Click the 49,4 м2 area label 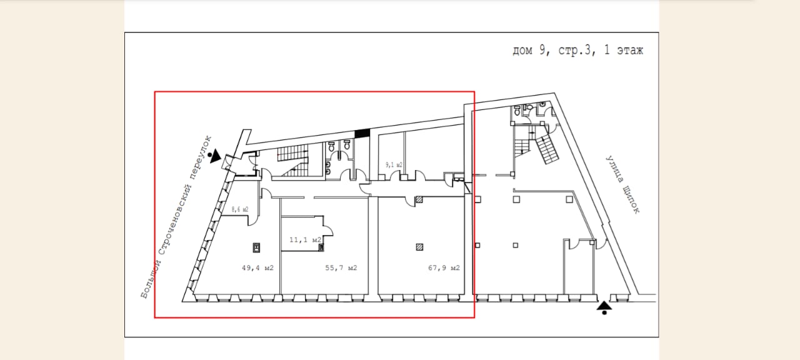click(257, 268)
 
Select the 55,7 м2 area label click(341, 268)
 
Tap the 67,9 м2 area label click(444, 268)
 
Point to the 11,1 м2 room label click(306, 239)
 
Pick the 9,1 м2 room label click(394, 165)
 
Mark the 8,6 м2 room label click(240, 209)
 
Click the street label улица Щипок click(623, 184)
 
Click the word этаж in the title click(630, 51)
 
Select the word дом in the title click(522, 51)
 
